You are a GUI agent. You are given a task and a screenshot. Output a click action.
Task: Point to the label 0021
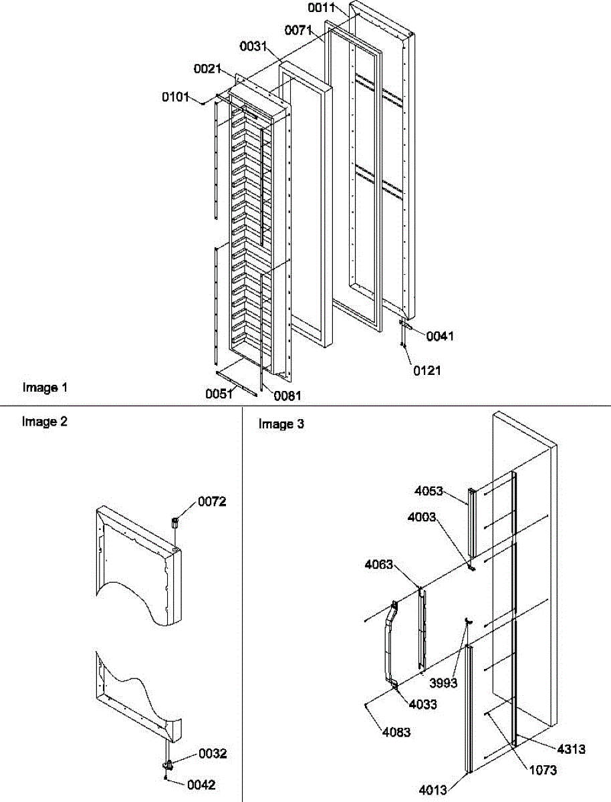(208, 69)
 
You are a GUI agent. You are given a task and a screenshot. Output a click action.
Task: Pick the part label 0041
(440, 336)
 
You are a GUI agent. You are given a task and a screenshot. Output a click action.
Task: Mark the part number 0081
(287, 395)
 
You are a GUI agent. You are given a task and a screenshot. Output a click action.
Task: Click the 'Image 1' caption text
(45, 388)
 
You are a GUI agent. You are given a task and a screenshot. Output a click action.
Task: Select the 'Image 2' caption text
(45, 422)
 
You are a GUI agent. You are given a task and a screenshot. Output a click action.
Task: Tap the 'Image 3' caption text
(281, 424)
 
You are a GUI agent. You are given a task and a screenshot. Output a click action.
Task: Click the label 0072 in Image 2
(213, 502)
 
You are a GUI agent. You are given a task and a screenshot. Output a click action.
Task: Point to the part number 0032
(213, 753)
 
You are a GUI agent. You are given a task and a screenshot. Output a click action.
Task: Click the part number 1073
(542, 770)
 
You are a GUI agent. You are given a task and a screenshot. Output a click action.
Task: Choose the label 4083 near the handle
(397, 732)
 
